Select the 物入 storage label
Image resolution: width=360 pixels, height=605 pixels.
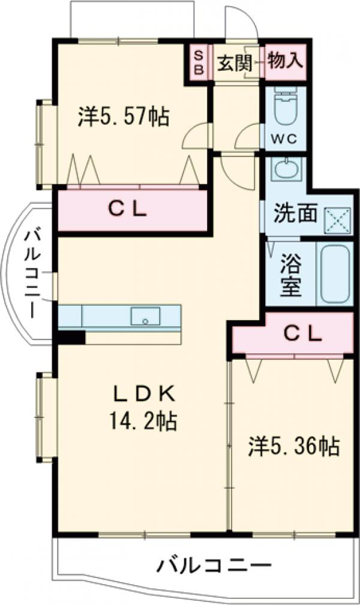coord(285,61)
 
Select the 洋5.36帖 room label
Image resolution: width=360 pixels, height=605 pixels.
coord(294,446)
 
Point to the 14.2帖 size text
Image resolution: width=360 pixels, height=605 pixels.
coord(143,422)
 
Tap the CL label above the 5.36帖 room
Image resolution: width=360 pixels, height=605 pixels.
coord(303,335)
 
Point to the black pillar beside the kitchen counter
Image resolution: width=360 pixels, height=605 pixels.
coord(71,338)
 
